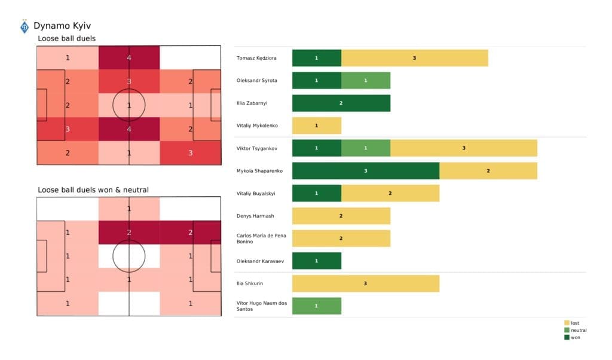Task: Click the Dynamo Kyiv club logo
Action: pos(24,27)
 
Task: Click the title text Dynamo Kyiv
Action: pos(62,26)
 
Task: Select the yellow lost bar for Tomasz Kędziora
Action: pos(414,58)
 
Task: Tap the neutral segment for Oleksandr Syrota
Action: pos(366,81)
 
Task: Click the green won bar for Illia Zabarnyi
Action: pos(341,103)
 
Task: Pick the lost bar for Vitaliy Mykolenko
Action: pos(316,126)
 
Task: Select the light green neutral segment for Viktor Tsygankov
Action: pos(366,148)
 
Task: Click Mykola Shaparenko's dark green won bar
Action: pos(366,170)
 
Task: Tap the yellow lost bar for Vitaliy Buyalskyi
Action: pos(390,193)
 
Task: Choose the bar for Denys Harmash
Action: pos(341,216)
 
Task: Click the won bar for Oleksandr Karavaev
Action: pos(316,261)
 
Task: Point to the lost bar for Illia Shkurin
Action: pos(365,283)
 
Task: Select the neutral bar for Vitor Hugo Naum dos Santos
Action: pos(316,306)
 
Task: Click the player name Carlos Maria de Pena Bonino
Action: pos(261,238)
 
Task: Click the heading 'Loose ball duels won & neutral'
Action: pos(93,190)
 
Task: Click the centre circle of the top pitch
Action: pos(129,105)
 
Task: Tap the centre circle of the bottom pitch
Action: pos(129,256)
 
